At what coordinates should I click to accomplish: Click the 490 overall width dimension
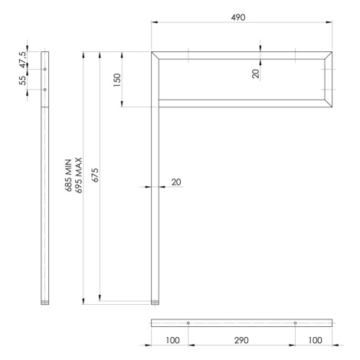click(x=238, y=18)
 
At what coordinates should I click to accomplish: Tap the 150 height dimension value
click(x=117, y=80)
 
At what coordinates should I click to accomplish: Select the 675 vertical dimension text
click(x=95, y=175)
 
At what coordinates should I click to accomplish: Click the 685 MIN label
click(x=68, y=175)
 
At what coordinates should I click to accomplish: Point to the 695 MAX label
click(x=78, y=175)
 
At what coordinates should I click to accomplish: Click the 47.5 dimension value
click(x=22, y=60)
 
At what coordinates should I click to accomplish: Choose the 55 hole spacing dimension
click(x=22, y=80)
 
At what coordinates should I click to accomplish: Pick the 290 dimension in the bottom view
click(x=241, y=340)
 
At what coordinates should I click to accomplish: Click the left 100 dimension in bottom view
click(x=173, y=340)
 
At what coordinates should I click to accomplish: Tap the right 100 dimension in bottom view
click(x=315, y=340)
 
